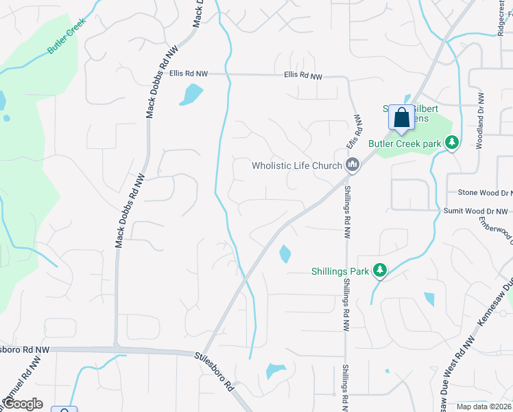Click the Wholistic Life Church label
coord(296,165)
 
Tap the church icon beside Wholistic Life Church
coord(353,164)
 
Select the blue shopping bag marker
coord(402,117)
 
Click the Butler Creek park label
coord(404,144)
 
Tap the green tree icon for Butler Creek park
coord(452,143)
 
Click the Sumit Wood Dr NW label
coord(475,211)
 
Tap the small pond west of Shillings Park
coord(285,254)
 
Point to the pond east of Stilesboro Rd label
coord(276,371)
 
